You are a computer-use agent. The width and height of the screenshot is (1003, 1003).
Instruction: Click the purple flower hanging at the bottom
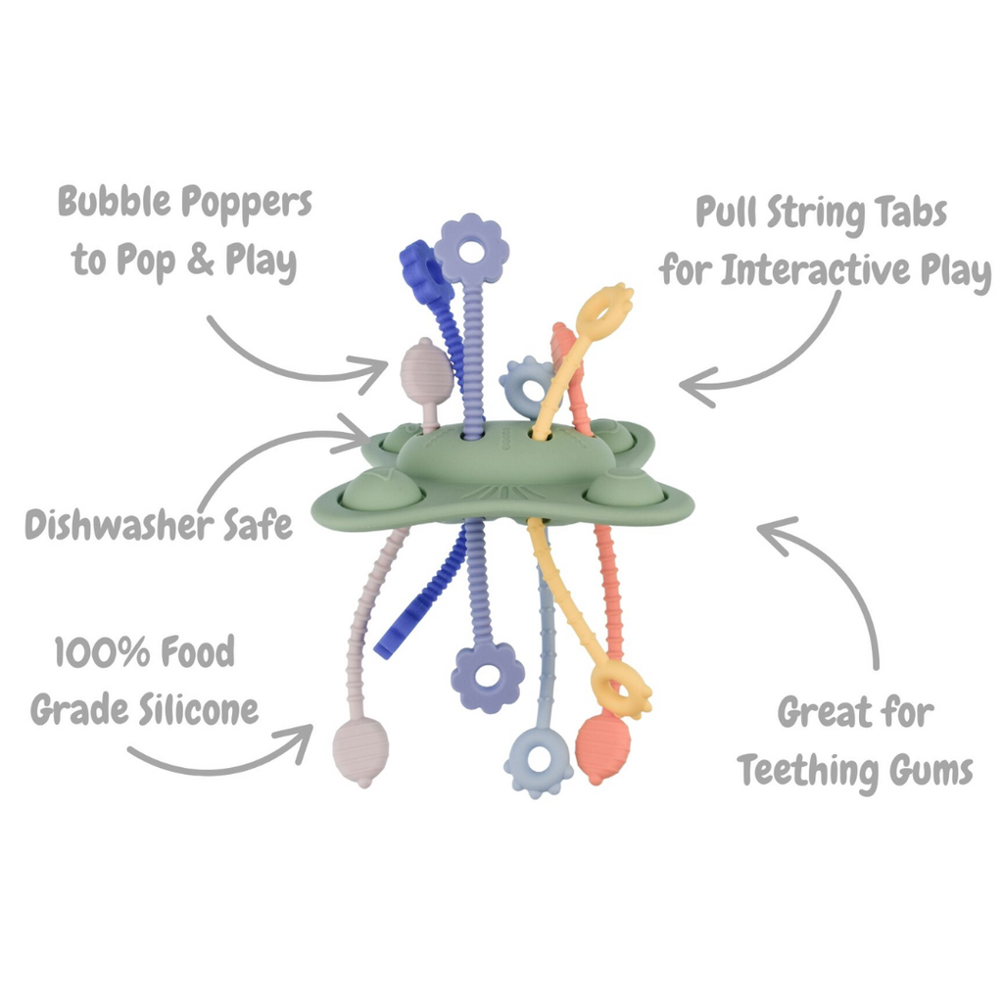click(487, 676)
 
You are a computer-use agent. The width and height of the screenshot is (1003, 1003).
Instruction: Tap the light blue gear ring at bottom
click(538, 760)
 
